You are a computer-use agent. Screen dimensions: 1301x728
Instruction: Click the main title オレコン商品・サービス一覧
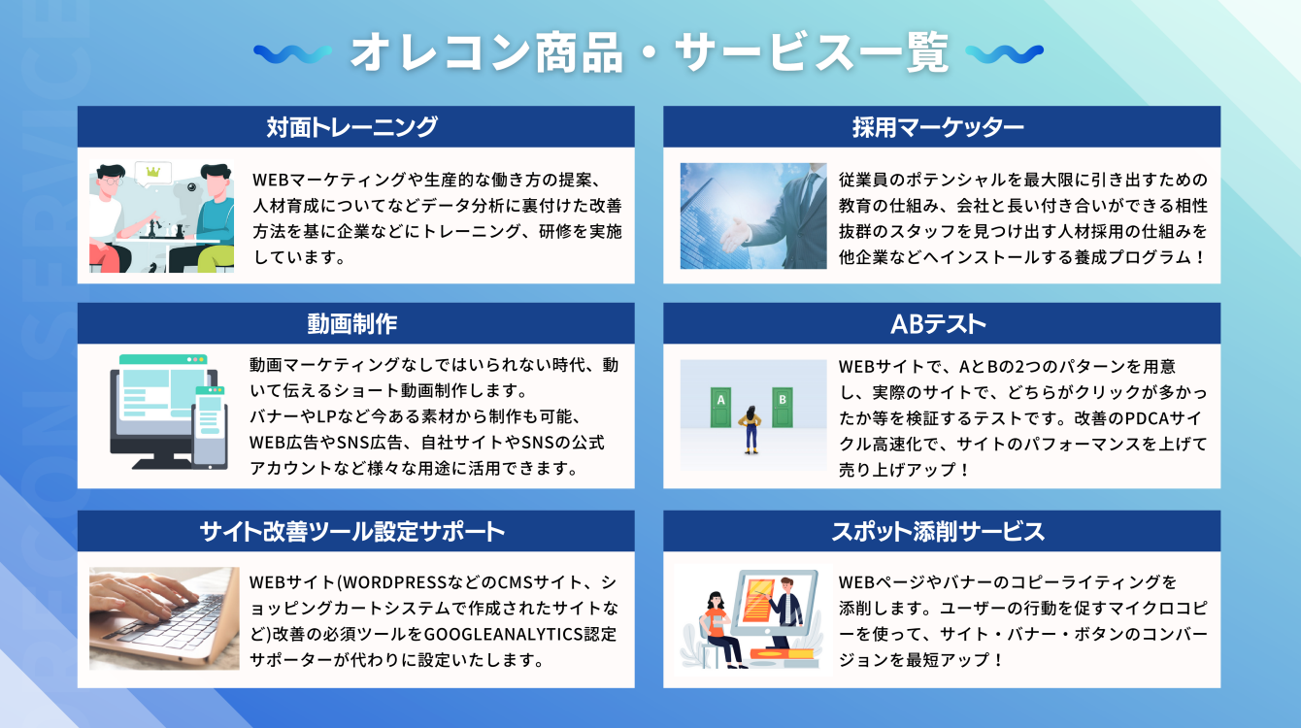(x=649, y=52)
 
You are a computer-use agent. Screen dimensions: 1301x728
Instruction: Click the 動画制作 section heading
(x=355, y=323)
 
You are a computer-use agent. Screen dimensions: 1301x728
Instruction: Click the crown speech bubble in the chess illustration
(x=152, y=173)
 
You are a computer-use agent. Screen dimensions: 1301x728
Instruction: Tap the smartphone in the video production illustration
(x=210, y=424)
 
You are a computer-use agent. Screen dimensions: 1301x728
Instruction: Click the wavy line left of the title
(x=292, y=52)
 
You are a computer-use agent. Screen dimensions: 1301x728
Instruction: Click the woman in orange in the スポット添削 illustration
(x=717, y=626)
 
